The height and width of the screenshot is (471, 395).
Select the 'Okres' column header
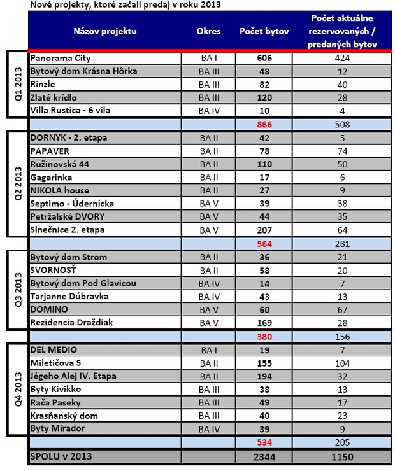click(209, 31)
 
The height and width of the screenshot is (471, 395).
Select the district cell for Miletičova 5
click(209, 363)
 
